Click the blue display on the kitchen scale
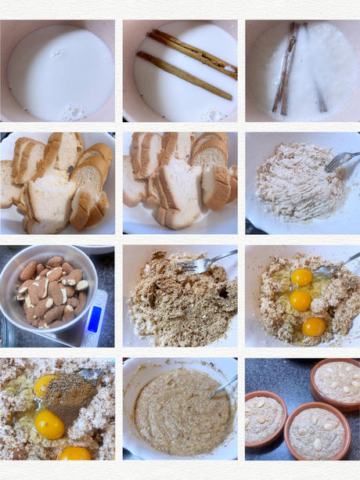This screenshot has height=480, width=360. tap(94, 318)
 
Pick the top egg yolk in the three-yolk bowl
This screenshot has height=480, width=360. tap(301, 277)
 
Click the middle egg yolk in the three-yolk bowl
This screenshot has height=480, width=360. tap(300, 301)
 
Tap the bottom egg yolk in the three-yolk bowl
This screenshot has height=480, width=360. tap(313, 327)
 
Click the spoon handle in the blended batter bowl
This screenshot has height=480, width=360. tap(225, 384)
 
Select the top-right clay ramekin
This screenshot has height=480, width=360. tap(337, 381)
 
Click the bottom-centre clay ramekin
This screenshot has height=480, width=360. tap(315, 432)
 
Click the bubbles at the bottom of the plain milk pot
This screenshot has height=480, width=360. tap(74, 111)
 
